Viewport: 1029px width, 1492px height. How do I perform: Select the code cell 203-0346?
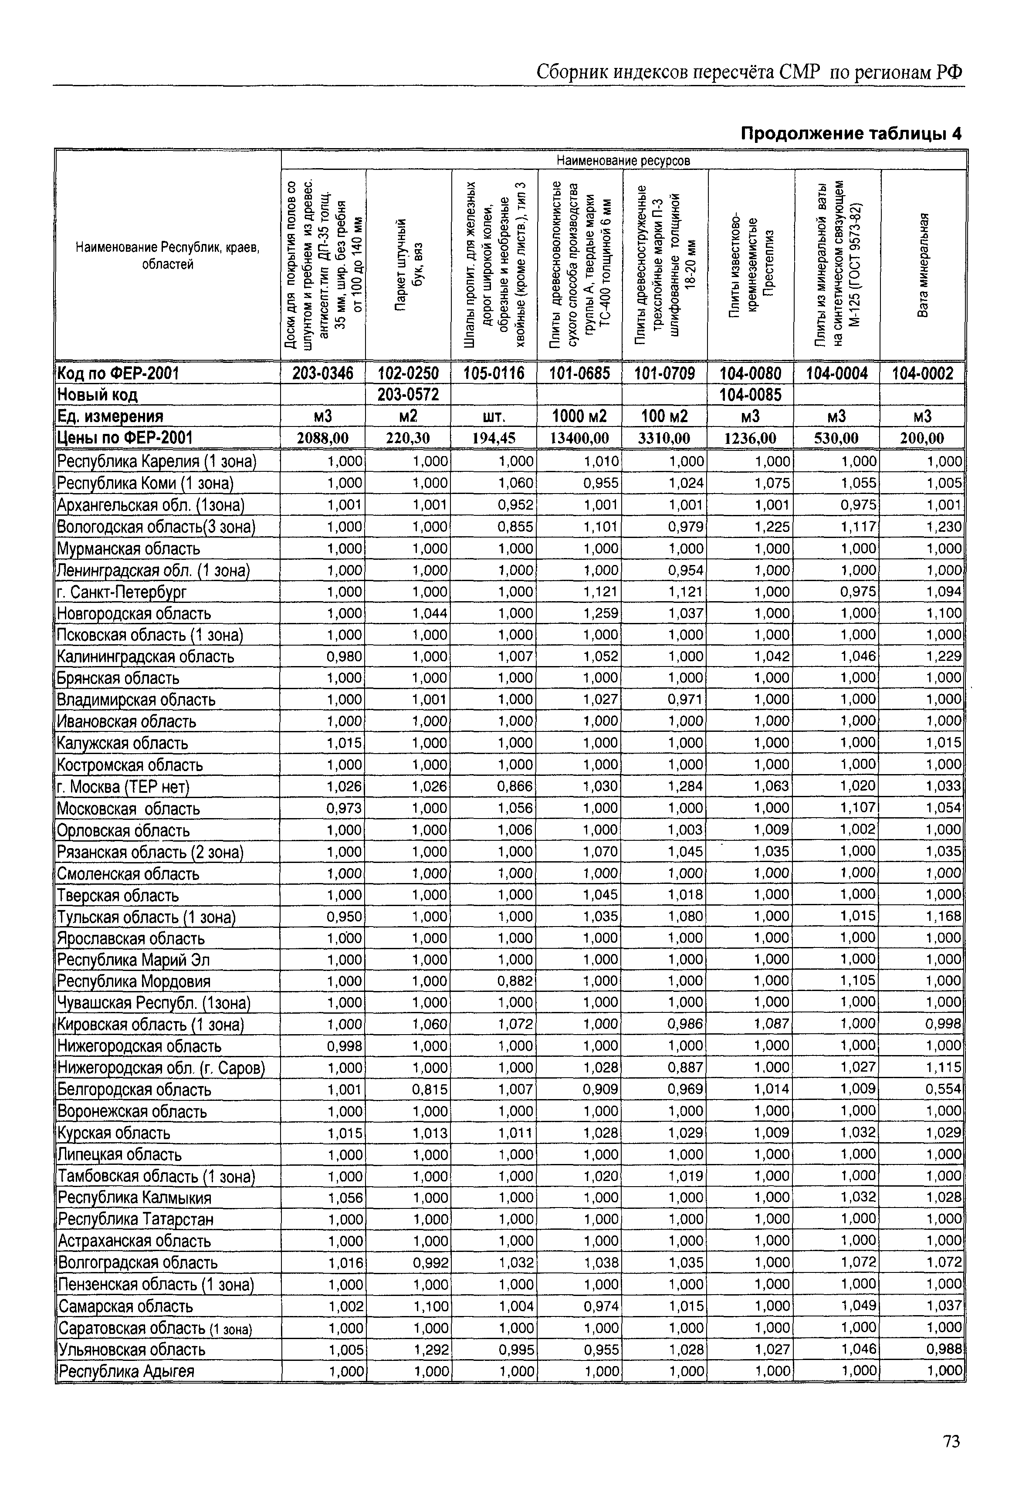(x=323, y=373)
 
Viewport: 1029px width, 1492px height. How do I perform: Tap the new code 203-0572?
(x=408, y=394)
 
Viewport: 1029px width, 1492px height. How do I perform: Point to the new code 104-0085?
(x=751, y=394)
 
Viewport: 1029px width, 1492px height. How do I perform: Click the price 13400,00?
(x=579, y=438)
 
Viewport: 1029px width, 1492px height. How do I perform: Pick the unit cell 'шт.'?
(x=494, y=416)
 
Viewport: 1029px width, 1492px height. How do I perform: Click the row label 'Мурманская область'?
(x=129, y=549)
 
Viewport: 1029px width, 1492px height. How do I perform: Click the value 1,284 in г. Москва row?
(x=686, y=786)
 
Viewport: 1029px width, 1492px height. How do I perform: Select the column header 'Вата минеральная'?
(x=923, y=264)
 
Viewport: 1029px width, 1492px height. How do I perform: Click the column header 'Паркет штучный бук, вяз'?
(x=408, y=264)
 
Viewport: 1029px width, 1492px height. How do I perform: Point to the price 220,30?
(x=408, y=438)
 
